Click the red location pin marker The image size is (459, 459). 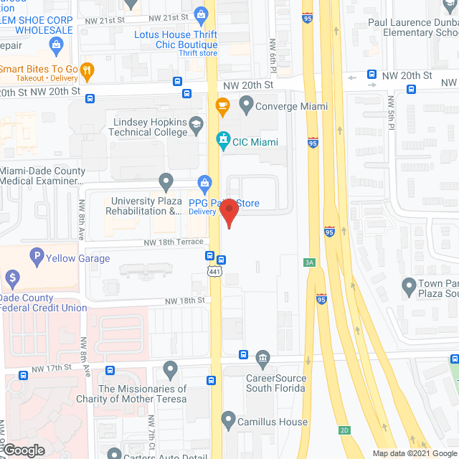pos(229,213)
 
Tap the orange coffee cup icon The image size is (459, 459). pos(222,107)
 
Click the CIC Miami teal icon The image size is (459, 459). pos(222,141)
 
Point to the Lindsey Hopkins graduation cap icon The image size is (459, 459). pos(195,127)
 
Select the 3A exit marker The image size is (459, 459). pos(310,262)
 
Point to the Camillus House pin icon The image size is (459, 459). pos(228,419)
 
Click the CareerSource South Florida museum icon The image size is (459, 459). pos(262,357)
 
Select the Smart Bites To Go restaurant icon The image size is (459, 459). pos(87,70)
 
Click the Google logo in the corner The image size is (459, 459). pos(24,450)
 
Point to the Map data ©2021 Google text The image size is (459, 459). pos(414,453)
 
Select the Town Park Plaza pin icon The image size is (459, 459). pos(409,286)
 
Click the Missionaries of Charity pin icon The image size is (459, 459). pos(170,369)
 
